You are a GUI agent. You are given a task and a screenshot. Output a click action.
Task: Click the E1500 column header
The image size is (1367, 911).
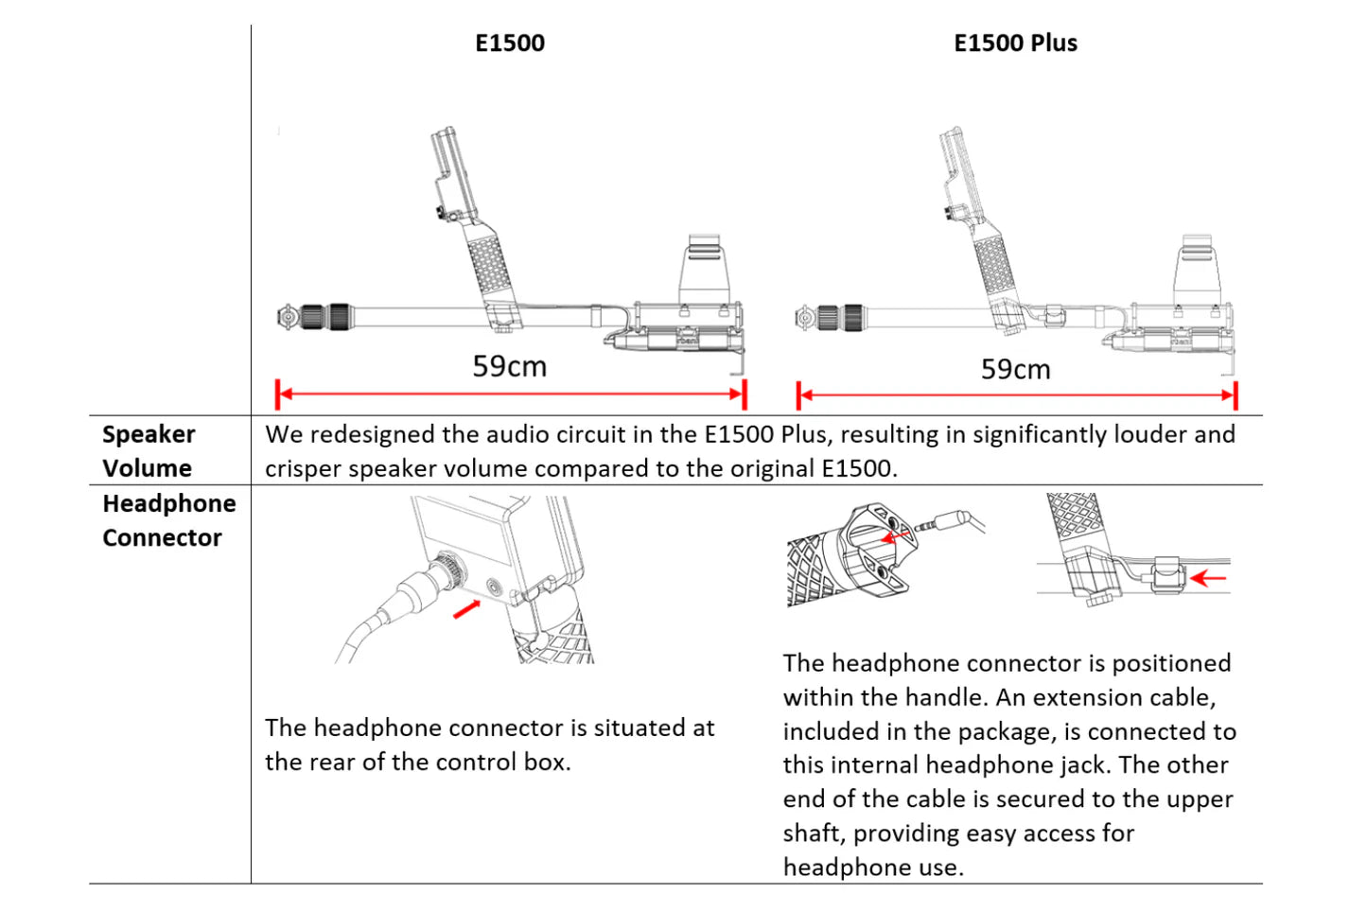point(509,44)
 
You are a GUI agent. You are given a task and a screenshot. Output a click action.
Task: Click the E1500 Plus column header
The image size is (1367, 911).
point(1015,44)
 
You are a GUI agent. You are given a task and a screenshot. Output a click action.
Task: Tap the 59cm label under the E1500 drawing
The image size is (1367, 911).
point(509,366)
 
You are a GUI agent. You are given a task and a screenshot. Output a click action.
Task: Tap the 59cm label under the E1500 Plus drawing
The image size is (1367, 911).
point(1015,369)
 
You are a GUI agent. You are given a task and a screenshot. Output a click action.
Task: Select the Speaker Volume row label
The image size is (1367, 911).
point(149,451)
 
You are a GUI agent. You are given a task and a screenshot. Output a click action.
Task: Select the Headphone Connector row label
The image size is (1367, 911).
point(168,520)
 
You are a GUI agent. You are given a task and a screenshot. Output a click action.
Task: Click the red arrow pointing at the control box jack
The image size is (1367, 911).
point(466,609)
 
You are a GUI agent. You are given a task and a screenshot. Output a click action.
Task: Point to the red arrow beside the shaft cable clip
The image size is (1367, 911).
point(1208,577)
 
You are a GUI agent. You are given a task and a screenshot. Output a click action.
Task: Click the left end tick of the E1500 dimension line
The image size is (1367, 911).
point(278,394)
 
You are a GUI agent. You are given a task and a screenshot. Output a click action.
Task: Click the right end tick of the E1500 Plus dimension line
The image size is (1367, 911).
point(1235,395)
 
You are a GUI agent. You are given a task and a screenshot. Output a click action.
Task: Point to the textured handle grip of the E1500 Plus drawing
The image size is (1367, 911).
point(994,269)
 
